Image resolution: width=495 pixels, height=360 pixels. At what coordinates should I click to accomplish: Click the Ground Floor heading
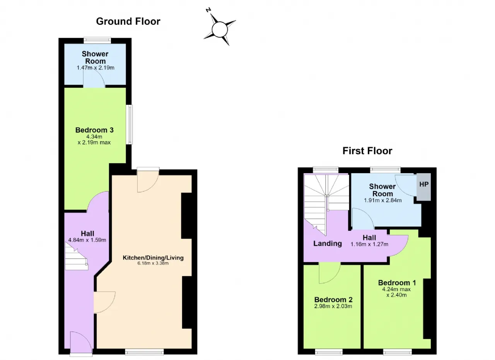click(128, 21)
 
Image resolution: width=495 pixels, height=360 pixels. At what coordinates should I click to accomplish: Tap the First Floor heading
click(367, 151)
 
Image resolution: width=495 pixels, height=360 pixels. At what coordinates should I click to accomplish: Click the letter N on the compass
click(208, 10)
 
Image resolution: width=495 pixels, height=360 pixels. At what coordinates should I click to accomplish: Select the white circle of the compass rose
click(220, 29)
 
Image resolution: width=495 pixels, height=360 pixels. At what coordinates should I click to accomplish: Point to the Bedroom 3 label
click(94, 130)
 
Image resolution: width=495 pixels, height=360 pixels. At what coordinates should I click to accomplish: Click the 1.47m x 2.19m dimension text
click(96, 68)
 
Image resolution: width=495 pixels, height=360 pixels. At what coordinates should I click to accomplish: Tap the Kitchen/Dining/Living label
click(153, 258)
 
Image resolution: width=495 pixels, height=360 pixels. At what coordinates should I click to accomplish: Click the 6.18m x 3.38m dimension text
click(153, 263)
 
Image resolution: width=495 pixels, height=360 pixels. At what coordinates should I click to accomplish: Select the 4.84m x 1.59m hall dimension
click(87, 240)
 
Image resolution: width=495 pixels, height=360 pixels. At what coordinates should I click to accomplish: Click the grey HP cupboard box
click(423, 187)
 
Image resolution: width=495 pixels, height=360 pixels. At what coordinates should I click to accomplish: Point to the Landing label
click(328, 244)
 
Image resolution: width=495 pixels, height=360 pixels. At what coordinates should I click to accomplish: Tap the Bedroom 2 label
click(333, 300)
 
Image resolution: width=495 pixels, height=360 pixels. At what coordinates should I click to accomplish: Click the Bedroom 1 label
click(397, 283)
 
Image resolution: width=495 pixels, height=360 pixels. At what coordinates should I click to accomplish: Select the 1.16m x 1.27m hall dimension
click(369, 244)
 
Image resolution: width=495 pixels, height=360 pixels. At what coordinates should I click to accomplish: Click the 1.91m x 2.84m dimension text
click(383, 200)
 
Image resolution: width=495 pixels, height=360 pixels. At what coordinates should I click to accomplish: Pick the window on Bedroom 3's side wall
click(130, 125)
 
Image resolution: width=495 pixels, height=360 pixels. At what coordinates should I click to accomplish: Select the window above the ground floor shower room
click(97, 40)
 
